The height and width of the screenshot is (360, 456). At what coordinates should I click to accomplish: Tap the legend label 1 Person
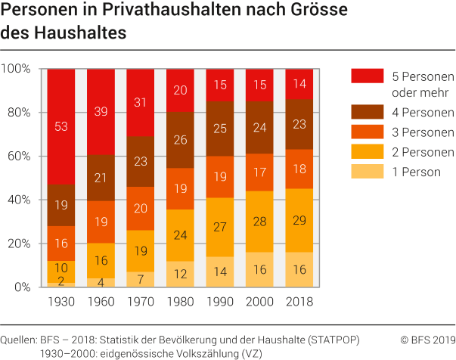(x=416, y=172)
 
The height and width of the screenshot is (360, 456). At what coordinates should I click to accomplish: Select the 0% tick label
(x=22, y=287)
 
